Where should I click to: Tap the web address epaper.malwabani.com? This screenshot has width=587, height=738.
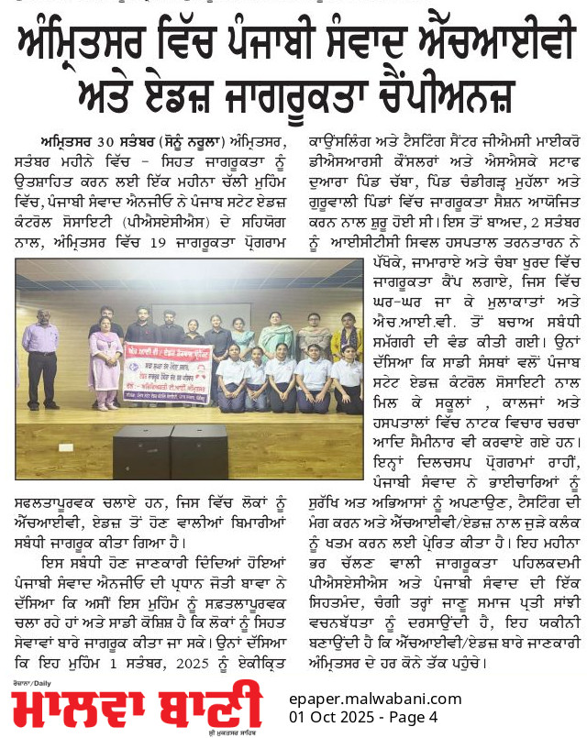[x=374, y=699]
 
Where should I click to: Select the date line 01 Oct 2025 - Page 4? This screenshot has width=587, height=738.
[x=363, y=716]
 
